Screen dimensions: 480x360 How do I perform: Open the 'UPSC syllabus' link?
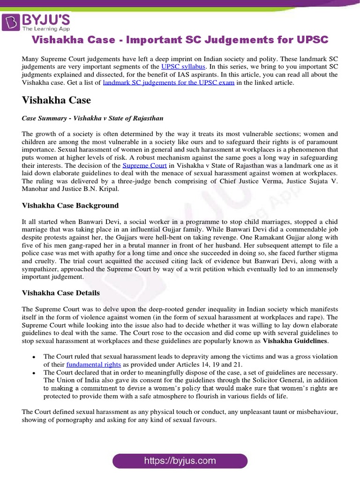tap(183, 67)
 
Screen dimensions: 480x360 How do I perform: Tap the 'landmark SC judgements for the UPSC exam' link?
tap(168, 82)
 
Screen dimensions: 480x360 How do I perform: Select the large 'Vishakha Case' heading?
tap(56, 100)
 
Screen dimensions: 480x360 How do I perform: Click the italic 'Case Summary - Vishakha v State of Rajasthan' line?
tap(92, 118)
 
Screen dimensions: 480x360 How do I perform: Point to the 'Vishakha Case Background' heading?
tap(70, 205)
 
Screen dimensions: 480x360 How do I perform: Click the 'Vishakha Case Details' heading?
tap(61, 292)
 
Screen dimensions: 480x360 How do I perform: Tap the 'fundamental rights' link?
tap(94, 364)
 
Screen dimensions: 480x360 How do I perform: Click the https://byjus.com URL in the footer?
tap(180, 461)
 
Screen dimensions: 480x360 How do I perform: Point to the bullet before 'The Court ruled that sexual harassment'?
tap(34, 357)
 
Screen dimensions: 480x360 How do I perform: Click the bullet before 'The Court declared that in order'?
tap(34, 372)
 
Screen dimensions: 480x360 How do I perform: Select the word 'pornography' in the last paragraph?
tap(64, 420)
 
